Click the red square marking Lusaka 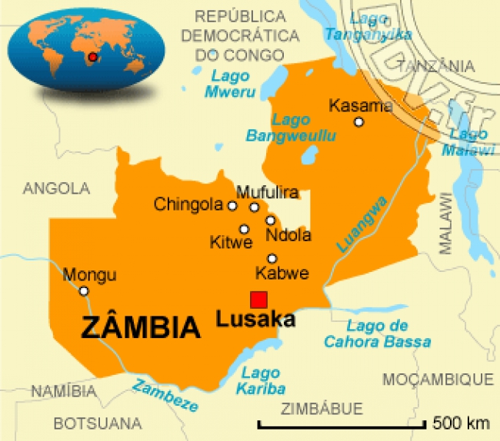[258, 300]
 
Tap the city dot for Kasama [358, 122]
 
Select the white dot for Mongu [84, 290]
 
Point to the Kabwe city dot [272, 258]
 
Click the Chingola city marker [232, 205]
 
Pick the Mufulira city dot [254, 207]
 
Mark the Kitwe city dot [244, 228]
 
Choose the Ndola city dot [270, 220]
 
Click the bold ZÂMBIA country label [141, 328]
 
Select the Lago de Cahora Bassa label [376, 334]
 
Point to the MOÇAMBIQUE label [437, 379]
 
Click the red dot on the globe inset [93, 58]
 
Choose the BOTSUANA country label [98, 423]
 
